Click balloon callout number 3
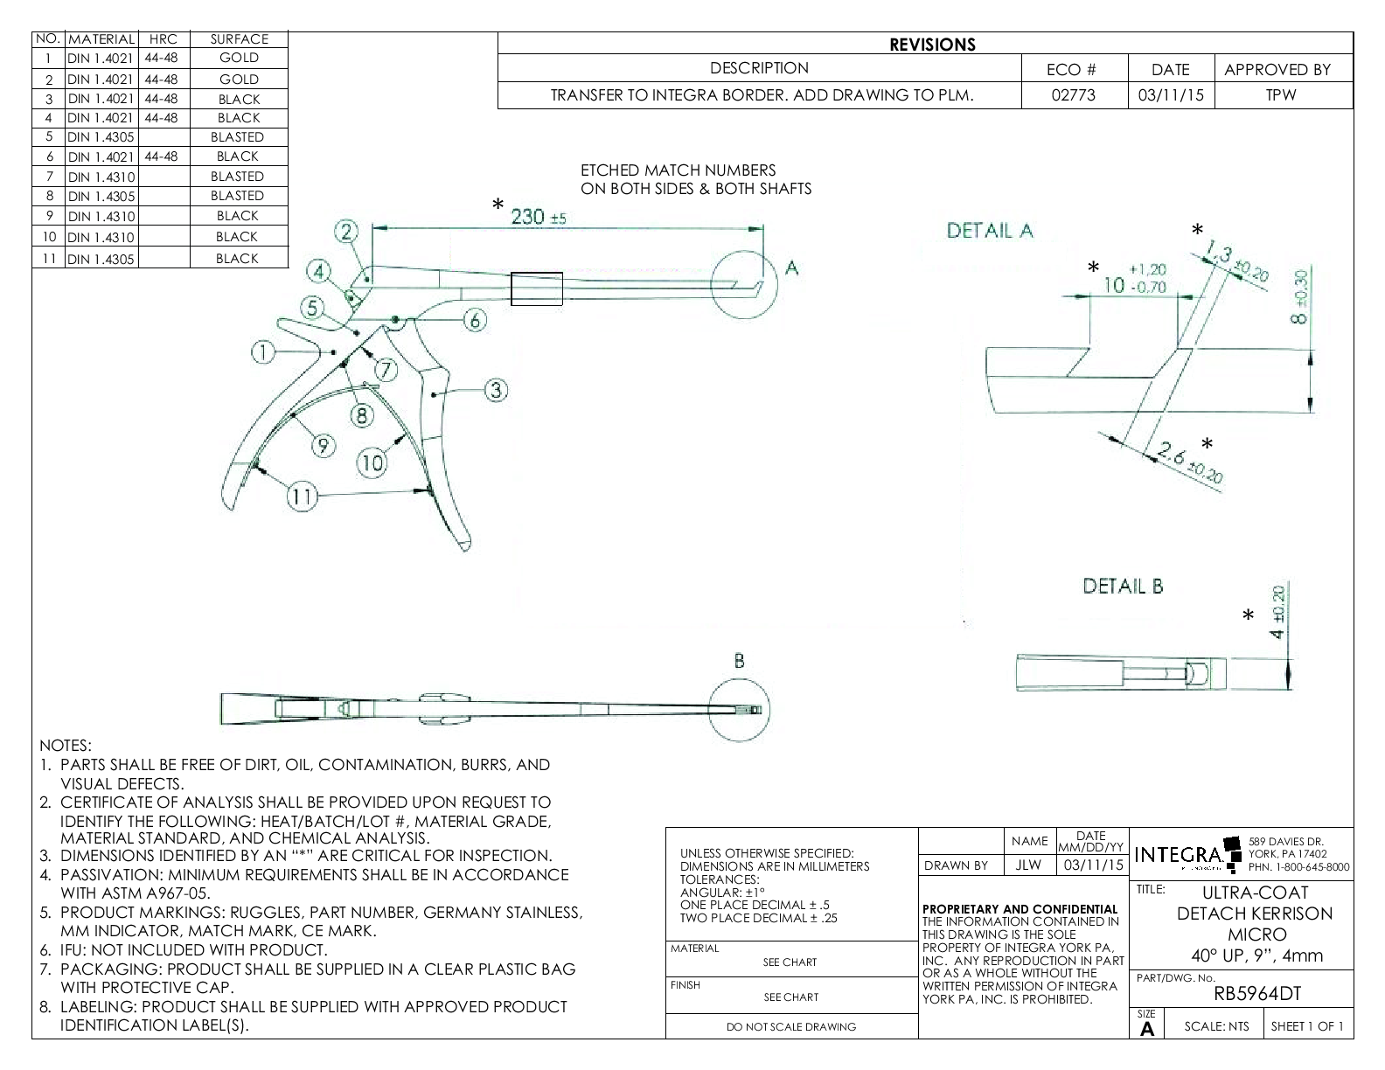click(x=496, y=390)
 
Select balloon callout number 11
click(x=301, y=497)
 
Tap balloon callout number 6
click(x=474, y=320)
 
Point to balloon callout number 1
click(x=262, y=351)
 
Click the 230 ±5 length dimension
click(x=538, y=217)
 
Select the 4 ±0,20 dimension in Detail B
click(x=1278, y=612)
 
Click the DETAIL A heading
click(x=990, y=231)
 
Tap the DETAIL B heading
click(x=1123, y=586)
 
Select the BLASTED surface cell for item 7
click(x=237, y=176)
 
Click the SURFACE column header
click(x=239, y=39)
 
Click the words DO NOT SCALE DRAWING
click(x=791, y=1026)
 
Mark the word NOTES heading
click(x=66, y=746)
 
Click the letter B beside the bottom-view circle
click(x=739, y=662)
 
